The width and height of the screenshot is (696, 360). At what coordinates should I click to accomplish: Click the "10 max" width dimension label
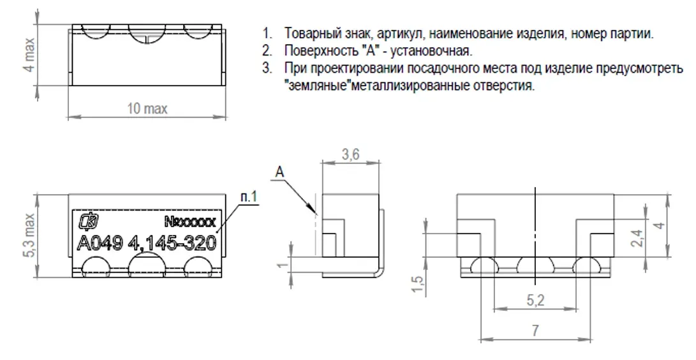pyautogui.click(x=147, y=109)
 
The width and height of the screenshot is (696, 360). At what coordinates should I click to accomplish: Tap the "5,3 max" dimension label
pyautogui.click(x=29, y=236)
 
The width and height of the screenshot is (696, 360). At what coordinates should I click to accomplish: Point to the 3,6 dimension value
pyautogui.click(x=350, y=154)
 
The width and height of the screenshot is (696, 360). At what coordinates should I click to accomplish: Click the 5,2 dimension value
pyautogui.click(x=536, y=301)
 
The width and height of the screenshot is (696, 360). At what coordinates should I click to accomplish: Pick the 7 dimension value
pyautogui.click(x=536, y=330)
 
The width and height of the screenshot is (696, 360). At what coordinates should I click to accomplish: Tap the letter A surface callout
pyautogui.click(x=279, y=172)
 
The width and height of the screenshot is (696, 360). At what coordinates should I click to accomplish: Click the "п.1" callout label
pyautogui.click(x=249, y=196)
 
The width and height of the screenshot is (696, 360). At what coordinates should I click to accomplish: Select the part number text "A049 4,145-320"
pyautogui.click(x=147, y=243)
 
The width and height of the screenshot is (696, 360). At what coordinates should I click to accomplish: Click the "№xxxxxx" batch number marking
pyautogui.click(x=190, y=221)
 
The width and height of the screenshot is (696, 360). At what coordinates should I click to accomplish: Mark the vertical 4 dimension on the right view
pyautogui.click(x=660, y=225)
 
